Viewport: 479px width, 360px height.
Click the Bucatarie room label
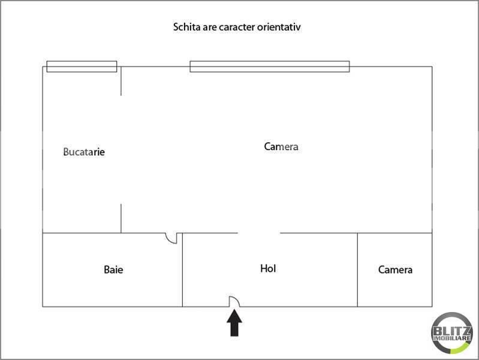point(84,152)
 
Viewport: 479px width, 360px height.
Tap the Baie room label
point(113,269)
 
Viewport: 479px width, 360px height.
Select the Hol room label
point(268,269)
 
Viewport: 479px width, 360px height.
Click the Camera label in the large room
point(281,146)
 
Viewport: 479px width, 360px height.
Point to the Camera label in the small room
point(395,269)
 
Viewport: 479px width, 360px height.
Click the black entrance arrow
point(234,323)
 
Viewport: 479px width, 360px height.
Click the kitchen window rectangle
point(82,67)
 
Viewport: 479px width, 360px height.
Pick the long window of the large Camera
point(270,67)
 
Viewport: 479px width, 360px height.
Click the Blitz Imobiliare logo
point(451,333)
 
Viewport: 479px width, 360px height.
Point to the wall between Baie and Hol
point(182,270)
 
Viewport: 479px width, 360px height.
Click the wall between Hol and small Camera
point(357,270)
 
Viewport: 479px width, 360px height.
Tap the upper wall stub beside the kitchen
point(121,81)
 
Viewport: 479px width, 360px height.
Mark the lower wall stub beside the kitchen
point(121,218)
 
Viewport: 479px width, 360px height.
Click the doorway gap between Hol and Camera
point(259,233)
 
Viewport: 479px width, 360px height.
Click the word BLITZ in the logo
point(451,331)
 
